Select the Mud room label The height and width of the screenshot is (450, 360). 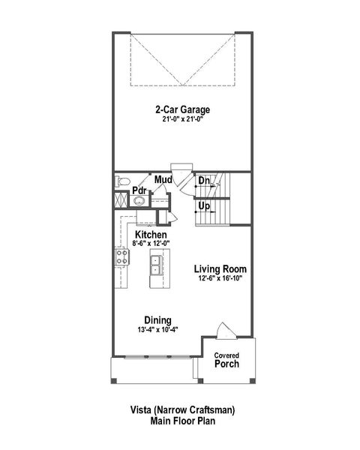coord(163,180)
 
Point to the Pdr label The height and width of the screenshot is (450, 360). coord(139,190)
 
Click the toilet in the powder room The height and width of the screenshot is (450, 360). coord(124,181)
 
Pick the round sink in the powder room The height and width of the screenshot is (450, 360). coord(139,201)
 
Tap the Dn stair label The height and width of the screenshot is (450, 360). coord(203,181)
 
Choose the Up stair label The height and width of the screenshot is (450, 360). coord(203,205)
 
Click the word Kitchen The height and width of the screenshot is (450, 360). coord(151,234)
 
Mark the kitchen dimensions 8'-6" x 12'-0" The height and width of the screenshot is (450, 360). coord(151,243)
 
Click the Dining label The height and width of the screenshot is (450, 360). coord(158,319)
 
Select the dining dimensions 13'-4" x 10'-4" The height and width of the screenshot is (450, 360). coord(158,328)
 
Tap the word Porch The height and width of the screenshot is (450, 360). coord(226,364)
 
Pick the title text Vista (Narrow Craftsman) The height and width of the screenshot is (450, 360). coord(179,410)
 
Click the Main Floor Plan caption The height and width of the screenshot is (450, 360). coord(179,421)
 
